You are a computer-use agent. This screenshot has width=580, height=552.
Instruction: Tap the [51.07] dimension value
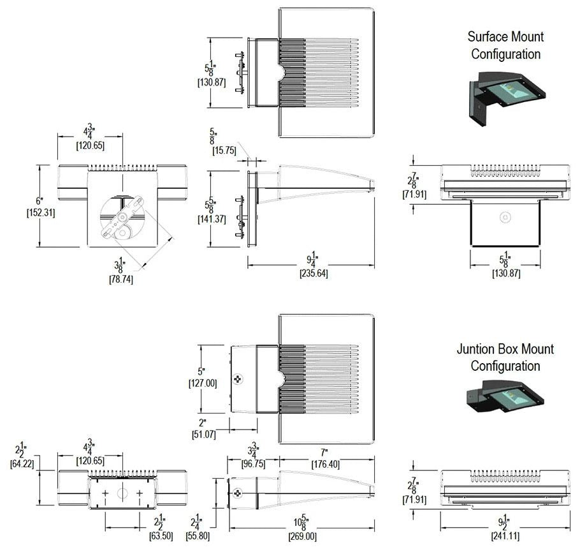point(205,435)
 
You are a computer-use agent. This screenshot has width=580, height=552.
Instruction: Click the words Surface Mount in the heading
point(505,36)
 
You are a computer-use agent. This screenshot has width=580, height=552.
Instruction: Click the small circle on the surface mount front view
point(505,218)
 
